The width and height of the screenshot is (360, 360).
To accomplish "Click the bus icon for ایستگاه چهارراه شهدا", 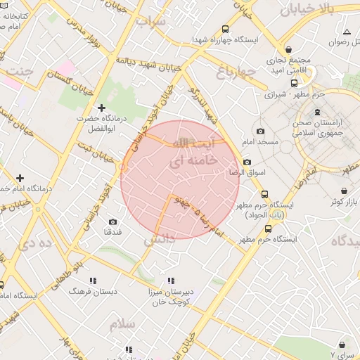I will tap(225, 30).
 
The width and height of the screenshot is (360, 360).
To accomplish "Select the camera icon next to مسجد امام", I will tap(260, 131).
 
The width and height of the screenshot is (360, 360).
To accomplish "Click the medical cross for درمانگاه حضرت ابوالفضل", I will tap(102, 108).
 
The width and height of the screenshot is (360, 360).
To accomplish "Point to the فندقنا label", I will tap(113, 232).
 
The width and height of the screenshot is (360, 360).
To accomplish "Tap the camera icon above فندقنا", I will tap(112, 221).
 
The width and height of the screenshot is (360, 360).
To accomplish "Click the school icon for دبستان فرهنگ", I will tap(93, 280).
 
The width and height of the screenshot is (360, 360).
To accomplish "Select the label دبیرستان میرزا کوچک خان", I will tap(167, 295).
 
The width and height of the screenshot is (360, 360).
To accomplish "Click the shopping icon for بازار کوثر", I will tap(344, 191).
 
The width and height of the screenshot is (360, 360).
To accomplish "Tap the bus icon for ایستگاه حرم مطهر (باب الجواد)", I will tap(264, 194).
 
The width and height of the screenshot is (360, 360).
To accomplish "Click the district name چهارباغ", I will tap(232, 71).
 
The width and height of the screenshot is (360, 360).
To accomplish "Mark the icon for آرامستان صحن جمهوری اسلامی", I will tap(317, 112).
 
